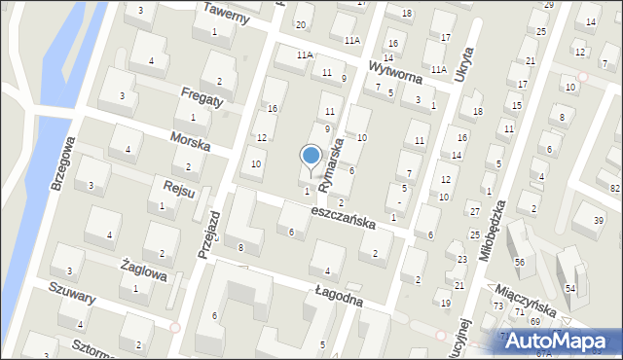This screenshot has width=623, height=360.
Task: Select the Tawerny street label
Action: click(228, 14)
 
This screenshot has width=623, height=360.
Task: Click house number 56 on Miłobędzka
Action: click(520, 263)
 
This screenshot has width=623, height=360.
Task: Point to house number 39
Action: click(599, 221)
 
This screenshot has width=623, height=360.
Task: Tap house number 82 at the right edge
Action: click(614, 187)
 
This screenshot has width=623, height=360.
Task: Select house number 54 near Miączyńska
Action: click(570, 290)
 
